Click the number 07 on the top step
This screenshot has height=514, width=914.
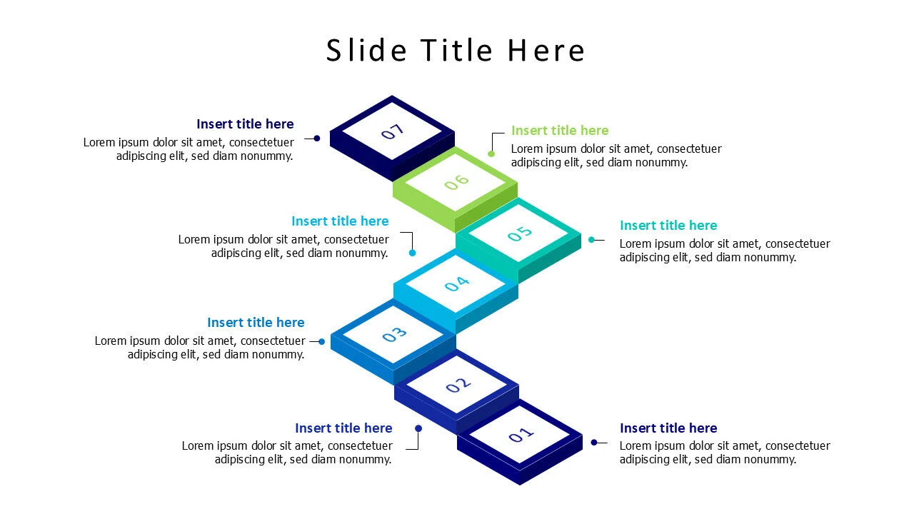coord(393,131)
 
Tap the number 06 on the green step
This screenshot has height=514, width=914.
coord(456,182)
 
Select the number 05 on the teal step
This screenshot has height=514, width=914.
coord(520,233)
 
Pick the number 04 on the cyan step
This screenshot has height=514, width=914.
coord(456,284)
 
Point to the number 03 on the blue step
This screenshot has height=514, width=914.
coord(394,334)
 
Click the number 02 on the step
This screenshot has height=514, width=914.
coord(458,385)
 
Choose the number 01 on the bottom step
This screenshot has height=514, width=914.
coord(521,435)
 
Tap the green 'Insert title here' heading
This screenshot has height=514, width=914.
coord(560,131)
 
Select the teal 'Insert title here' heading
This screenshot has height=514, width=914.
coord(668,226)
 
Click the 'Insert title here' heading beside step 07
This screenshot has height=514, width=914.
coord(245,124)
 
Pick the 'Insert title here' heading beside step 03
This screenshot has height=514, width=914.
coord(256,323)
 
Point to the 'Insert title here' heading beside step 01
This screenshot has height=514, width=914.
coord(668,428)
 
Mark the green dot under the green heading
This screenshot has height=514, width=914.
coord(491,153)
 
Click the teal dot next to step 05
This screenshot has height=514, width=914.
coord(591,240)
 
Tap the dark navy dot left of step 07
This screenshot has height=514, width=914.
coord(316,138)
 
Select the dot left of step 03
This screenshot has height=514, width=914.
coord(322,342)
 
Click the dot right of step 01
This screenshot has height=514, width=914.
coord(593,443)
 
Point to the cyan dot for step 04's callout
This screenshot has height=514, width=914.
coord(412,253)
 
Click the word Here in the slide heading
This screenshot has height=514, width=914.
coord(546,51)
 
